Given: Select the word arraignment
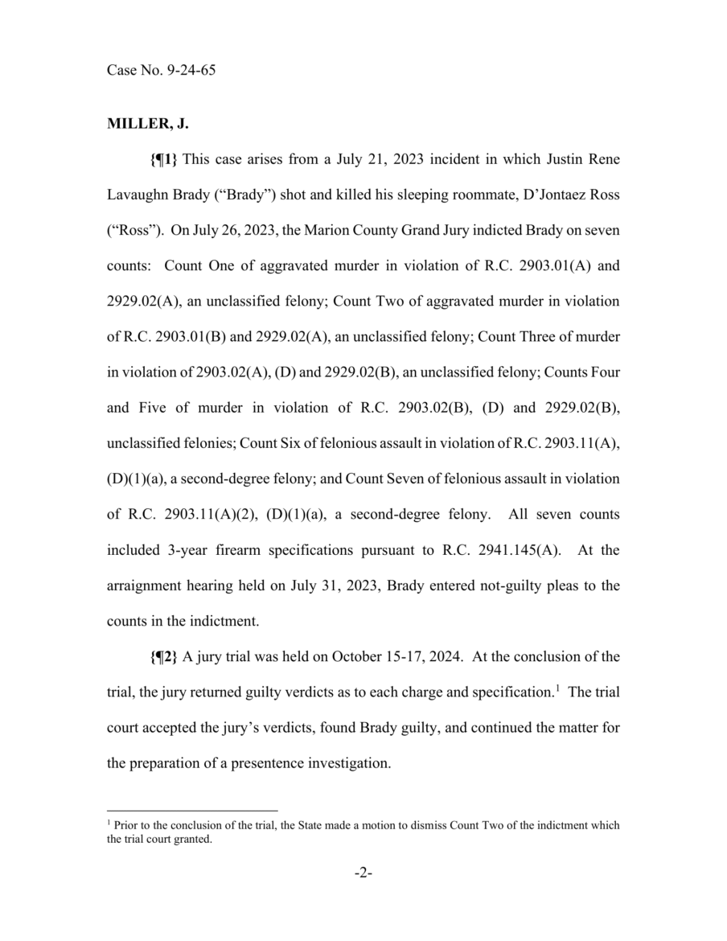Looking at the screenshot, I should point(144,586).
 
